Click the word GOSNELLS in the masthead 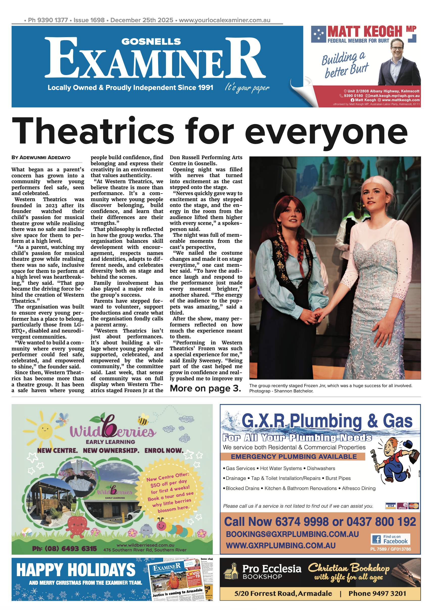[151, 42]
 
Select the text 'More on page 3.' [205, 388]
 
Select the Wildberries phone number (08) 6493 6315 [64, 549]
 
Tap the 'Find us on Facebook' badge [390, 539]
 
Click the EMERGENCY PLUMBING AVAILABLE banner [293, 456]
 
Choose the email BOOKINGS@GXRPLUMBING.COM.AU [292, 534]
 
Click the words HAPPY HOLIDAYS [76, 570]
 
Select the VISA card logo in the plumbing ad [390, 506]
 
